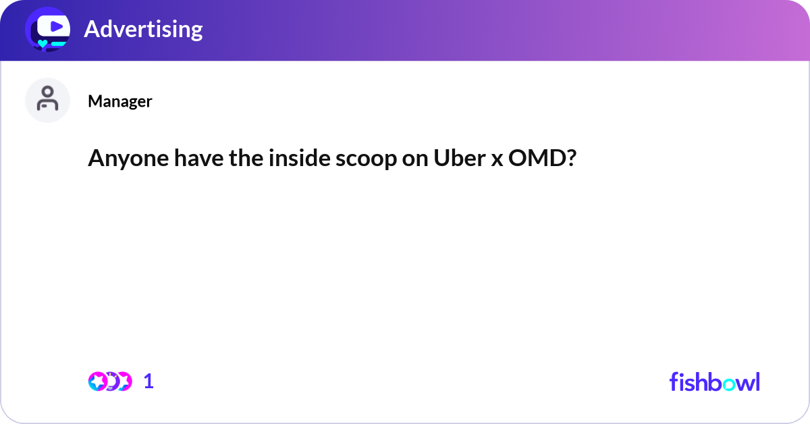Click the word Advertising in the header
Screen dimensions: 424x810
click(x=143, y=29)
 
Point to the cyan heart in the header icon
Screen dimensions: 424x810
click(x=43, y=44)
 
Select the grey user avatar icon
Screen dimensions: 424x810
click(x=47, y=100)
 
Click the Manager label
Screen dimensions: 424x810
click(x=119, y=101)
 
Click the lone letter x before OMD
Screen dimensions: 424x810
click(x=494, y=159)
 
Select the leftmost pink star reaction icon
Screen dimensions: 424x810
click(x=98, y=381)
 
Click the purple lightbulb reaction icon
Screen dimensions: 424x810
click(x=111, y=381)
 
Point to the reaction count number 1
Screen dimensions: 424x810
click(x=149, y=381)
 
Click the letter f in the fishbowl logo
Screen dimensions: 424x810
click(x=674, y=381)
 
